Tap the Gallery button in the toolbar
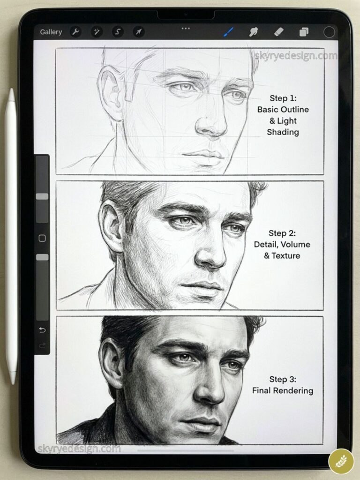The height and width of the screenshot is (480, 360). click(51, 32)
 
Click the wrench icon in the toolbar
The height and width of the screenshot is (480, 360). click(75, 32)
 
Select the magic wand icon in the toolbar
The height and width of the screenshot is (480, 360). click(97, 32)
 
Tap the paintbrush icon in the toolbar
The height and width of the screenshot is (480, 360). click(228, 32)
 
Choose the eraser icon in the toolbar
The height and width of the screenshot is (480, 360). click(278, 31)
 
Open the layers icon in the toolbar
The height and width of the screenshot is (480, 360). click(304, 32)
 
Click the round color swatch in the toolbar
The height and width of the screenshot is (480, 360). click(330, 32)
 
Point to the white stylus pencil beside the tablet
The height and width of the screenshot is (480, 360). click(11, 234)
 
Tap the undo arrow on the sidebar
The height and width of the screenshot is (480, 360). click(42, 330)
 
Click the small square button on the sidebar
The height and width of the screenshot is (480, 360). click(42, 238)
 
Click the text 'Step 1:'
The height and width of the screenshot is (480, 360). click(283, 98)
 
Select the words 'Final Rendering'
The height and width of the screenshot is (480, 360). click(283, 390)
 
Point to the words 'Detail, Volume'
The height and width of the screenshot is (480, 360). click(282, 244)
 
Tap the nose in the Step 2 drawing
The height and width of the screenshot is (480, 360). click(210, 253)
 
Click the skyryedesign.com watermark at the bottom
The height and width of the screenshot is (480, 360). click(79, 449)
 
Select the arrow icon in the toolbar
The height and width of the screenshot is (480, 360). click(139, 32)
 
